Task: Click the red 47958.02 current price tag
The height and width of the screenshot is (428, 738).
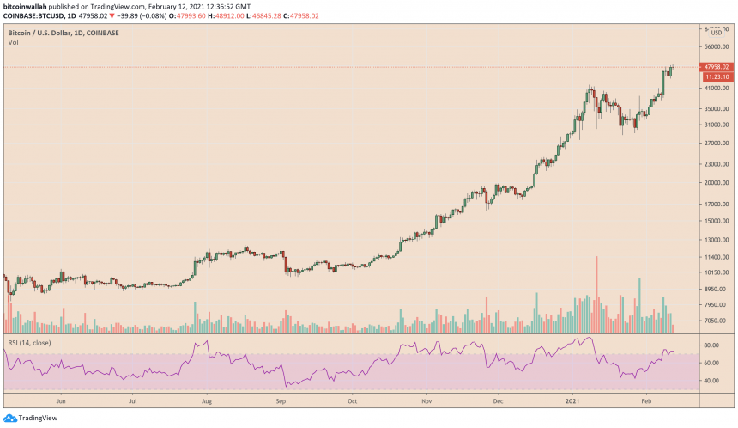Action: pyautogui.click(x=716, y=67)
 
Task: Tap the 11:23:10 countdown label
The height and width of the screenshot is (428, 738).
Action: pyautogui.click(x=716, y=76)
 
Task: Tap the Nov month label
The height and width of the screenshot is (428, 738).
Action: pyautogui.click(x=426, y=400)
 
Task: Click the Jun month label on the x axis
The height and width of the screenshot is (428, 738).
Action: pyautogui.click(x=60, y=400)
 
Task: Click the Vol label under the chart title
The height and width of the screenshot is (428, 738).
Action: pyautogui.click(x=13, y=42)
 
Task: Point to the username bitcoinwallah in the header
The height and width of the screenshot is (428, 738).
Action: pyautogui.click(x=31, y=6)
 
